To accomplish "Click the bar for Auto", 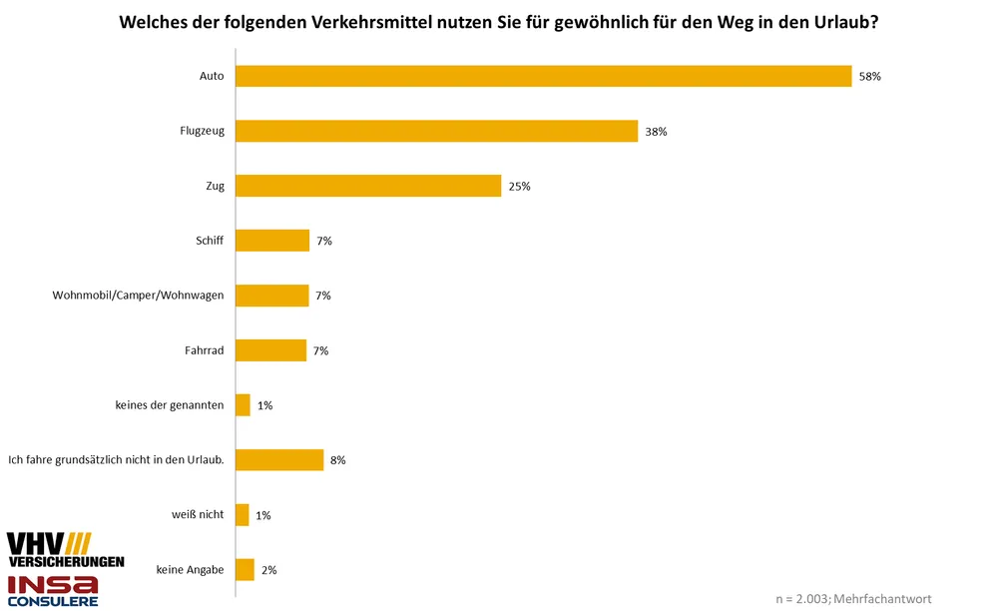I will (544, 76).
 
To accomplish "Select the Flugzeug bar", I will (437, 131).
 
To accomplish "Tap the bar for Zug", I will (368, 186).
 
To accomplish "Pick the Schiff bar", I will (272, 241).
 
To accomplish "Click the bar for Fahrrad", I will (271, 350).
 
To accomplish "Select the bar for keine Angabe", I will (246, 569).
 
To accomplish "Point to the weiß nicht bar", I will (243, 515).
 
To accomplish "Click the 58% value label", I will (869, 76).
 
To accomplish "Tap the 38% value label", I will (656, 131).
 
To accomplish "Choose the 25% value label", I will (519, 186).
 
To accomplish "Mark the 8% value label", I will (337, 460).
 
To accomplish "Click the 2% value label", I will (268, 570).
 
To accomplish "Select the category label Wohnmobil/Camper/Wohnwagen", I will (138, 296).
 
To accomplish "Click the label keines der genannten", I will (170, 405).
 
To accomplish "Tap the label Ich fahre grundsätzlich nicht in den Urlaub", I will (115, 460).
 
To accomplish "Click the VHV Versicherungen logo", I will (65, 550).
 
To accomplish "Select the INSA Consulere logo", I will (53, 590).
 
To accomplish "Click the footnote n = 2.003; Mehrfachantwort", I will (853, 599).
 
